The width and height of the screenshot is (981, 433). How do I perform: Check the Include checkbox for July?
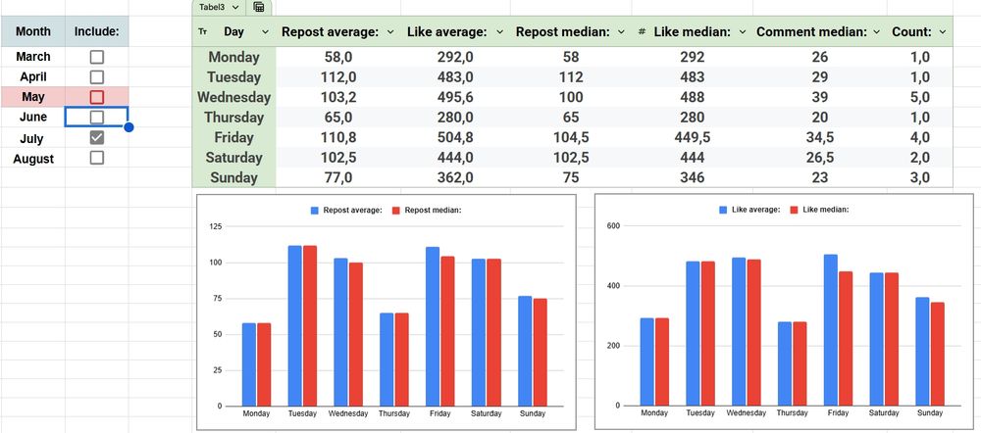96,138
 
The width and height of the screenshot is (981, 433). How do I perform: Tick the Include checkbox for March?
96,57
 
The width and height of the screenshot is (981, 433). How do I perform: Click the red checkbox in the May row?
96,97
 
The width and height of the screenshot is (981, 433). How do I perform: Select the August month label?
33,159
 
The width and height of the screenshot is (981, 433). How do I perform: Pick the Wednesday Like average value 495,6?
455,97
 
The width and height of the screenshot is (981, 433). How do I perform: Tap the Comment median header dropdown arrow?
875,32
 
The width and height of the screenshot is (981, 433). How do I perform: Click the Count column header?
911,32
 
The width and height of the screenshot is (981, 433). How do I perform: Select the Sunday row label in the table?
233,177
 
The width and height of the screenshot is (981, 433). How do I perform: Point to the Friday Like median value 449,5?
692,137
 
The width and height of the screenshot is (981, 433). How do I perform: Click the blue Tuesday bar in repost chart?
294,325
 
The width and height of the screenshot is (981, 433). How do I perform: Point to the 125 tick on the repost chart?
216,227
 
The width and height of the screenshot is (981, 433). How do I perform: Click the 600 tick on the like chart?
614,226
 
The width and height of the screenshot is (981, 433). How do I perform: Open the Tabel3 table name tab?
214,7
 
